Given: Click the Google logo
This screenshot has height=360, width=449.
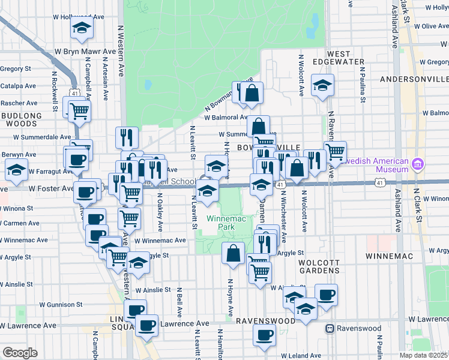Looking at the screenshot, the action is [20, 353].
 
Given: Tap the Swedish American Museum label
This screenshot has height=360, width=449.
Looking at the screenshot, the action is [375, 165].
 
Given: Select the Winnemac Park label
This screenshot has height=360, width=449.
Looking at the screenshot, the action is [221, 223].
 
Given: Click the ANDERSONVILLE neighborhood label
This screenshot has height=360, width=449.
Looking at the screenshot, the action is [414, 79].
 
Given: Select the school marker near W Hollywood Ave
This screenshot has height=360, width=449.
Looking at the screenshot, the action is [80, 26].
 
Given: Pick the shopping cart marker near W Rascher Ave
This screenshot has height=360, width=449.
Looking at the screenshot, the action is [79, 109].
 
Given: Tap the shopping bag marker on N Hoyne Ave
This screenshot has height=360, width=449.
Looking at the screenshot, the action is [233, 253].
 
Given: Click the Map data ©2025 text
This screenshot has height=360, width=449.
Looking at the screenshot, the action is [423, 355].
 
